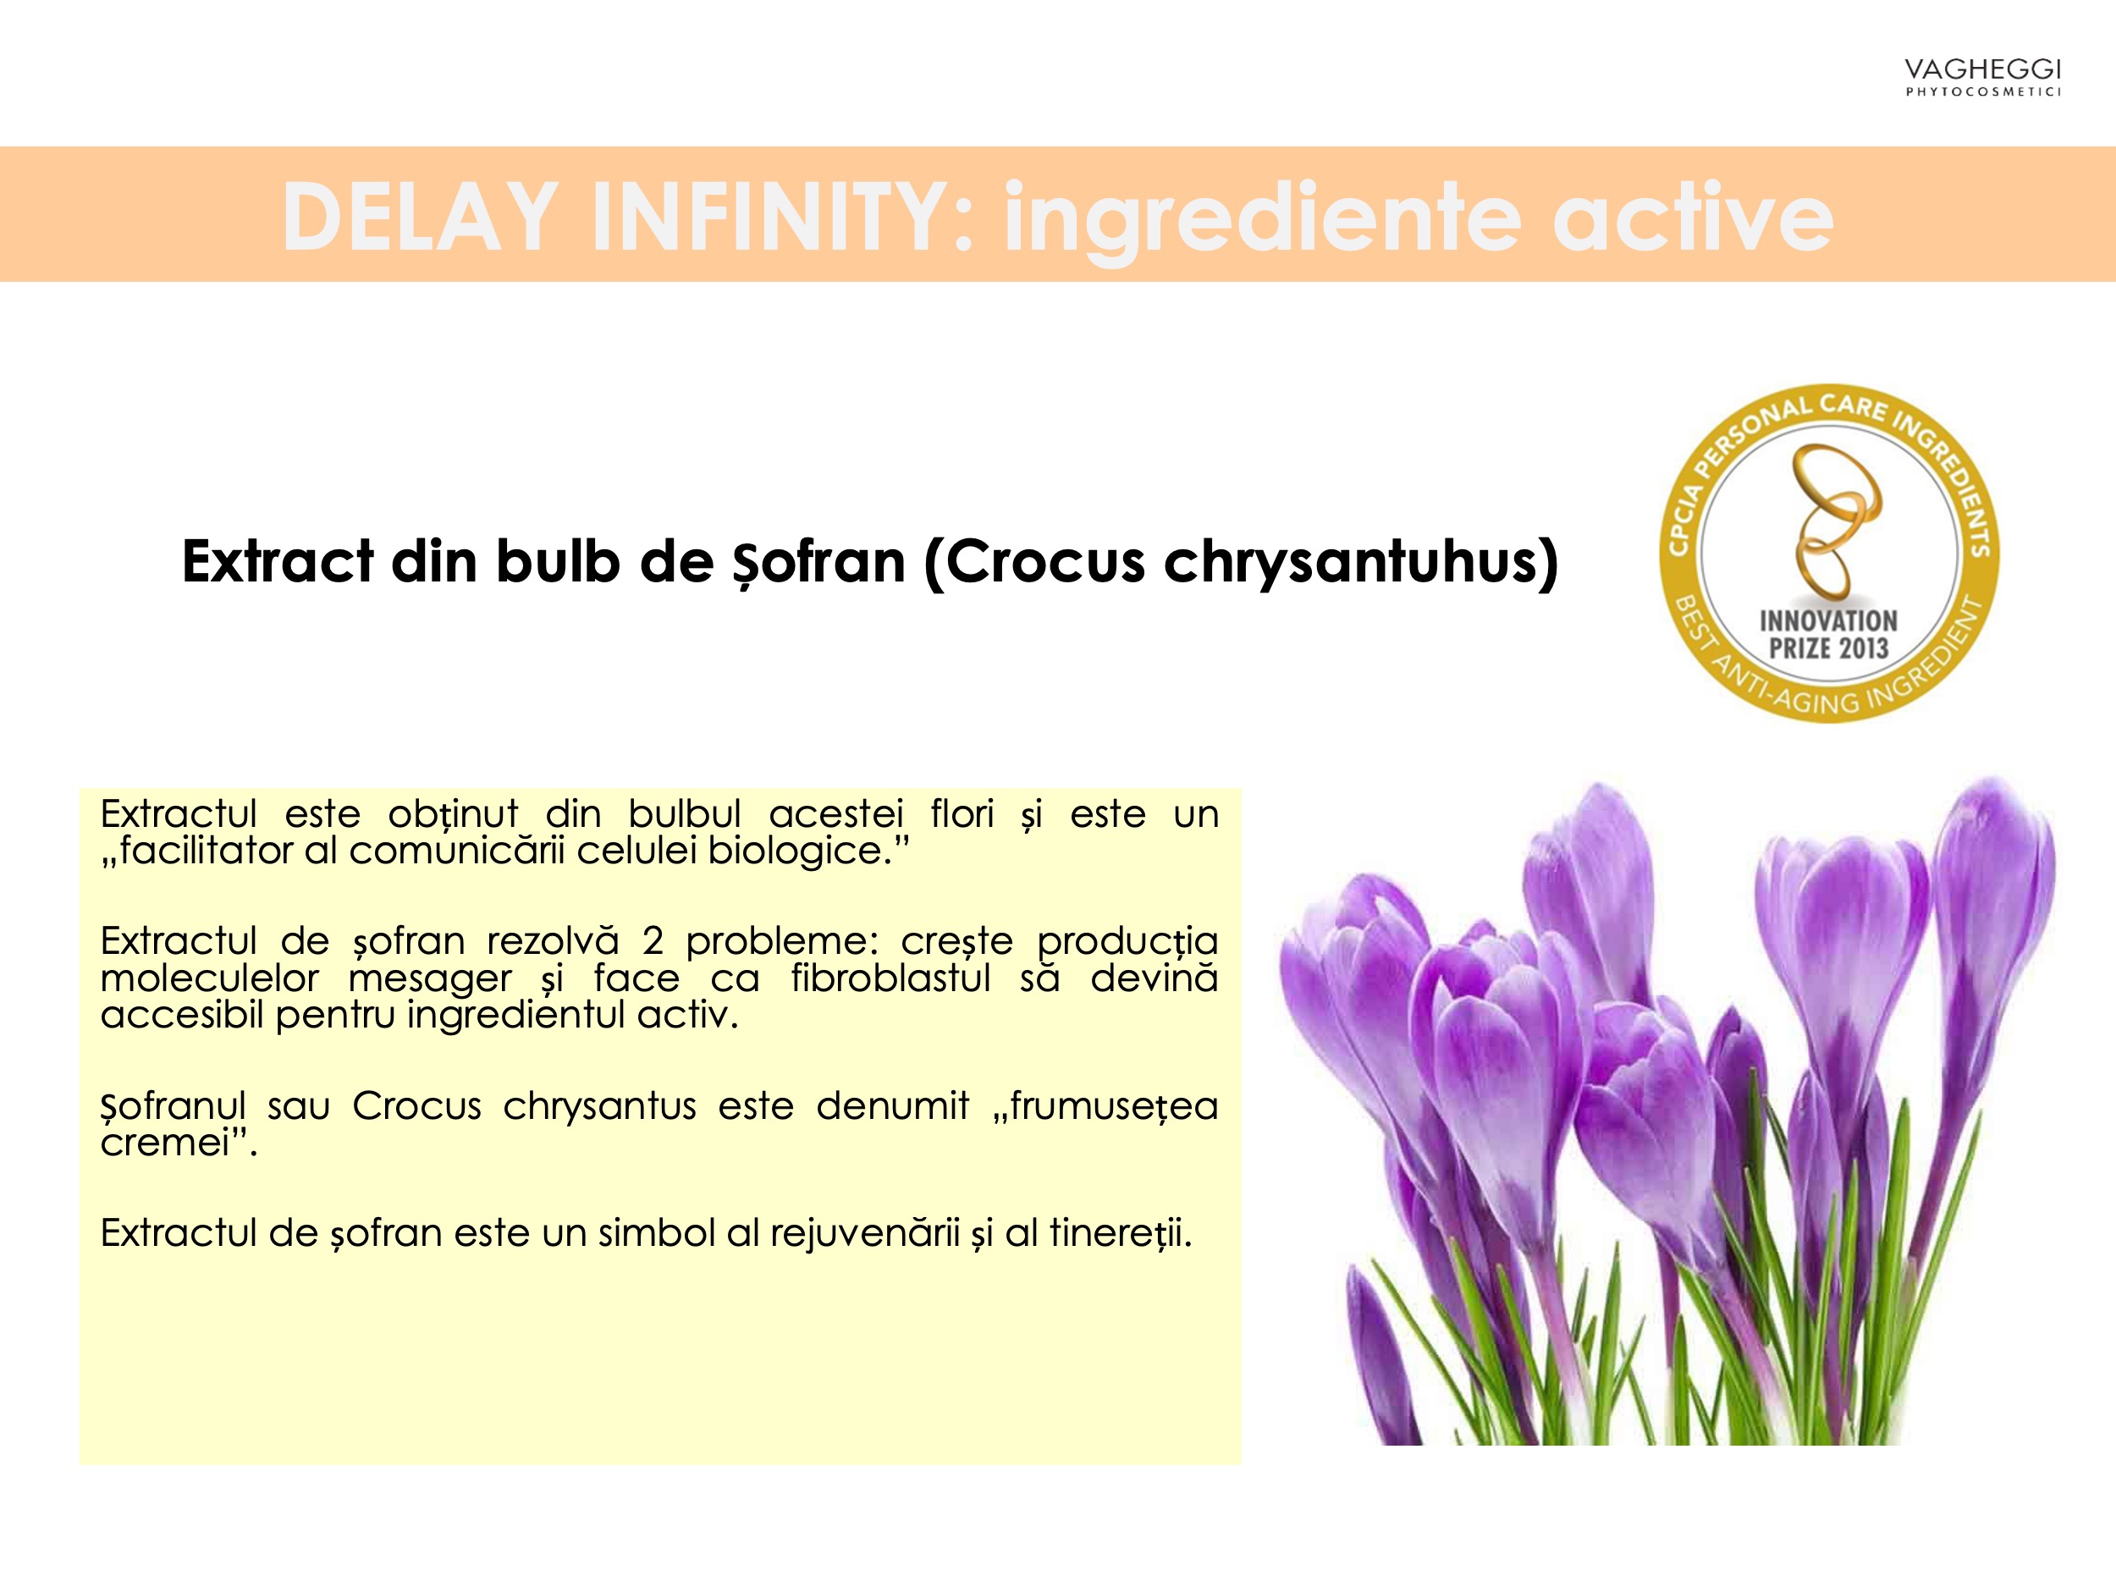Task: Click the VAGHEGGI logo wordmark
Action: (1982, 70)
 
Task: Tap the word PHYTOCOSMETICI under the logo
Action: (1983, 91)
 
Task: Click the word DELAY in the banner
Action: (420, 218)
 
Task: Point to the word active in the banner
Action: (1693, 218)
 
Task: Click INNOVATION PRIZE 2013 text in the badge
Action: (1828, 635)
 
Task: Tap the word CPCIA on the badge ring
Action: (1685, 517)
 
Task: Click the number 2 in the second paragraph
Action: (653, 941)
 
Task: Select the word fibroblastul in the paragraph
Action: (890, 978)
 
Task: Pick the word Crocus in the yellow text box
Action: (417, 1106)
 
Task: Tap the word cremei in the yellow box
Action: (166, 1143)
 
